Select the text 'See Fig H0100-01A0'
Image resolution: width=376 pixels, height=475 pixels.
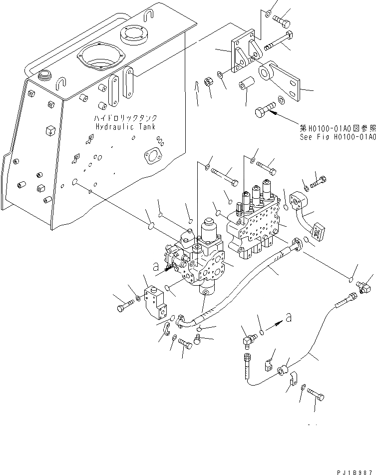click(338, 135)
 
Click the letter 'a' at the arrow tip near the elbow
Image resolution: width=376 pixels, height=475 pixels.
click(288, 316)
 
